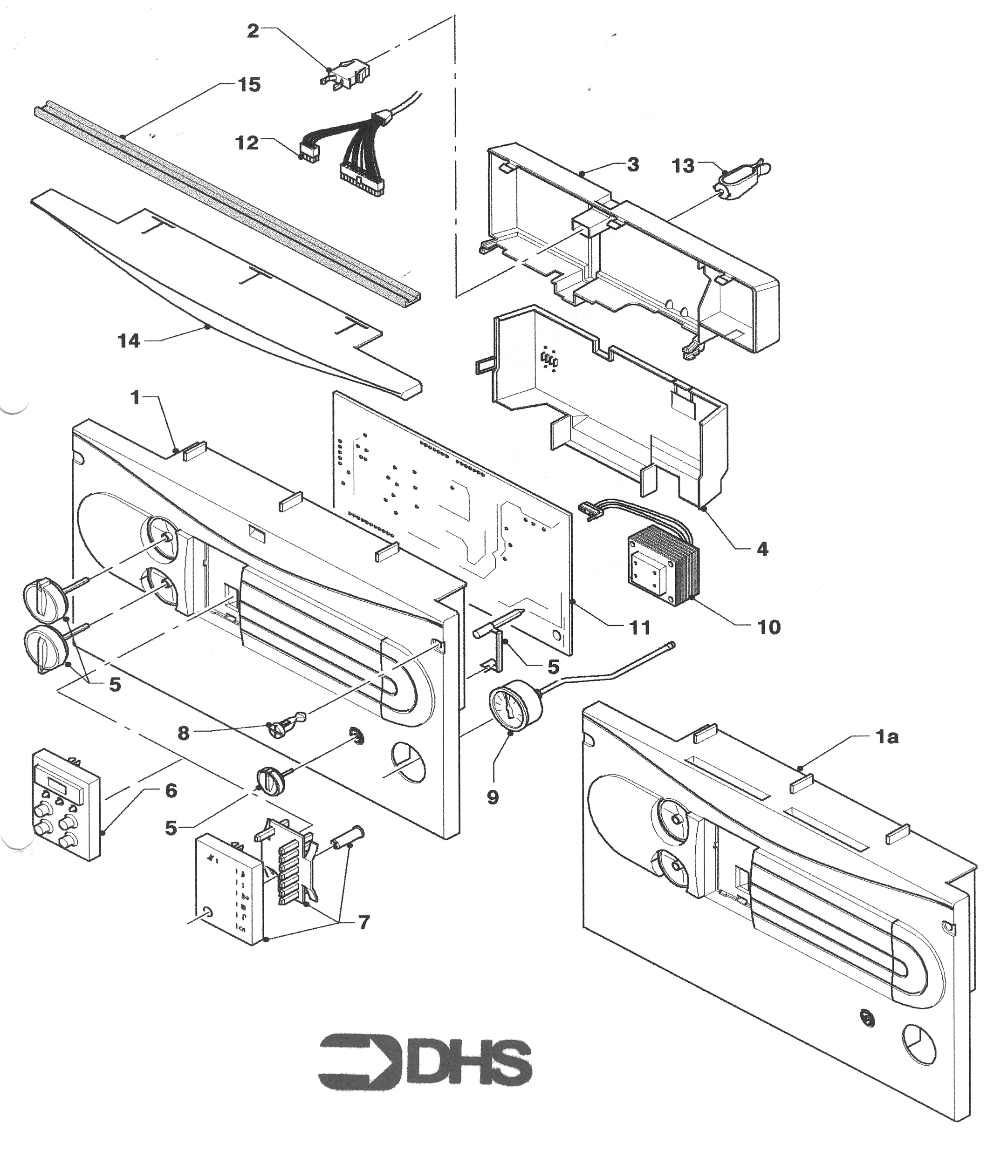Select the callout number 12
[x=247, y=143]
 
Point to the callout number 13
[x=683, y=165]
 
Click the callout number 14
[x=129, y=341]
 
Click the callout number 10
[x=769, y=627]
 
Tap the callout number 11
[x=639, y=628]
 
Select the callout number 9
[x=493, y=797]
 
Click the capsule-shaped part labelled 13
[x=743, y=179]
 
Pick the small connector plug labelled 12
[x=309, y=151]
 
